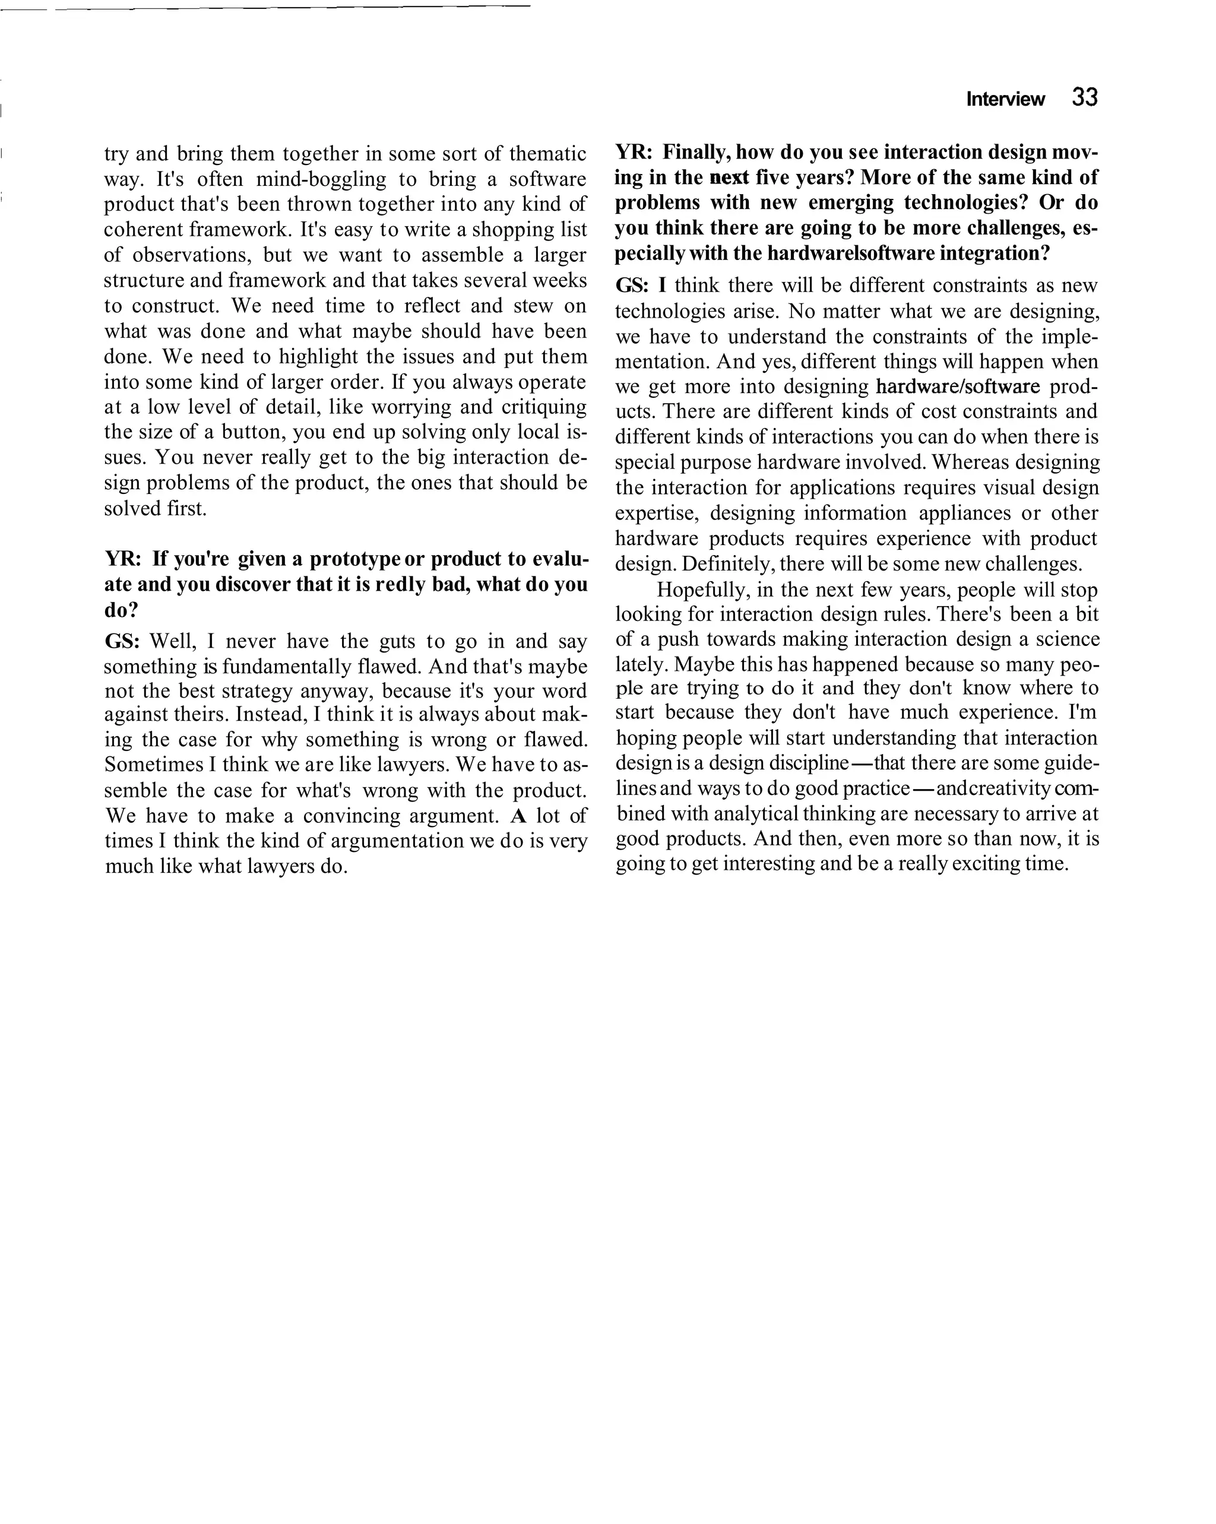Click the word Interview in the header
point(1005,100)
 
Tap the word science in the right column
point(1068,640)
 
